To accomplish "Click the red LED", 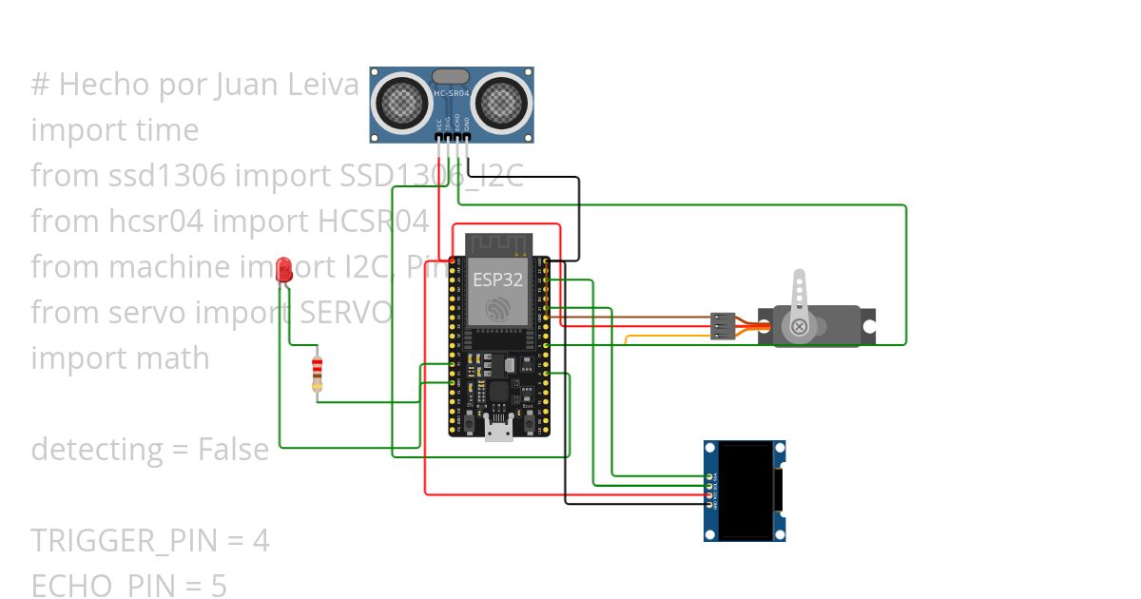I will click(x=283, y=269).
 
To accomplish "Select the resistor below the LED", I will click(x=318, y=373).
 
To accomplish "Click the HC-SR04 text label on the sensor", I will click(x=452, y=93).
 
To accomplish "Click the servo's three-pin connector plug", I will click(x=723, y=326).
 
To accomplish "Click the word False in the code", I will click(x=233, y=449).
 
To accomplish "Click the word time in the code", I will click(x=167, y=130).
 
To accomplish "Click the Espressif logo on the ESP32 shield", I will click(x=495, y=309).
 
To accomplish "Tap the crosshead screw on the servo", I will click(x=799, y=327).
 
